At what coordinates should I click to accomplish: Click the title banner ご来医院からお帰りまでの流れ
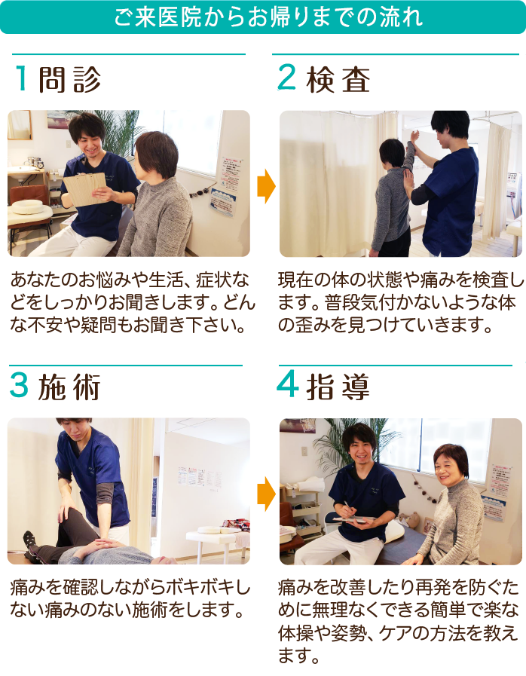[x=263, y=17]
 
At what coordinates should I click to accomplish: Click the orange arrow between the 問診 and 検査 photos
[x=265, y=186]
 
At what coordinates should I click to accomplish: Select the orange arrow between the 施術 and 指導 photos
[x=265, y=493]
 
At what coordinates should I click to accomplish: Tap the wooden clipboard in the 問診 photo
[x=84, y=188]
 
